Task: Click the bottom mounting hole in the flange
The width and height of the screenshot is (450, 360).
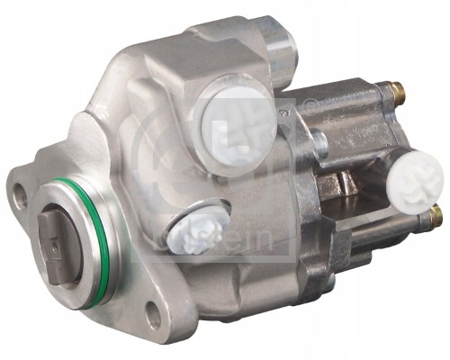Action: click(153, 313)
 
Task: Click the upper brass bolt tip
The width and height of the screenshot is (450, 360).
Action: click(397, 92)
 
